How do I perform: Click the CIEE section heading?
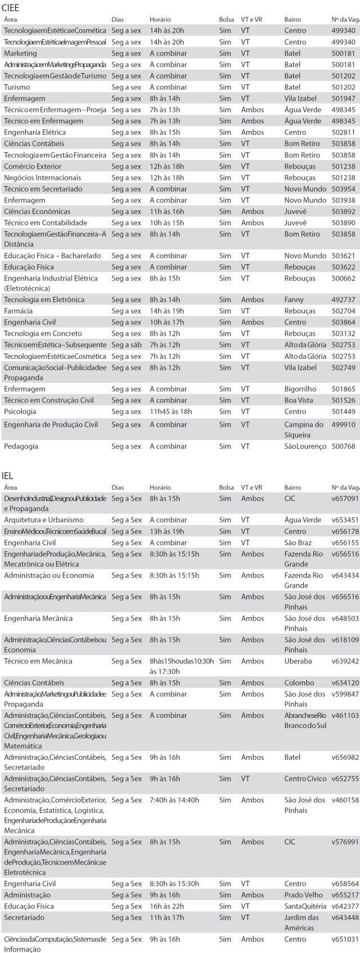point(11,8)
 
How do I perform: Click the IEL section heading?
point(8,476)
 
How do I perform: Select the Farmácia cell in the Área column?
point(19,311)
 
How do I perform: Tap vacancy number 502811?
point(343,132)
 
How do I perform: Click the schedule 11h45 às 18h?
point(170,412)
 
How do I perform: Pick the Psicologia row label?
point(20,412)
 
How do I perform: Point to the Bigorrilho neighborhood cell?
point(300,389)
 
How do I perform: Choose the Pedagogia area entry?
point(21,446)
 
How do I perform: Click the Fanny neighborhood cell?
point(294,300)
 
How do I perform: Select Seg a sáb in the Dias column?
point(127,345)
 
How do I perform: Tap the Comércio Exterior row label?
point(33,166)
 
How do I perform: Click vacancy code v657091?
point(345,499)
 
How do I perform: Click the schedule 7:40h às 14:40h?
point(174,800)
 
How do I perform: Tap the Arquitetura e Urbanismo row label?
point(44,520)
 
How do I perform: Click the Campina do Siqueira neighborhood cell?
point(304,430)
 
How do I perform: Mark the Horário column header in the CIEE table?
point(160,20)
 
